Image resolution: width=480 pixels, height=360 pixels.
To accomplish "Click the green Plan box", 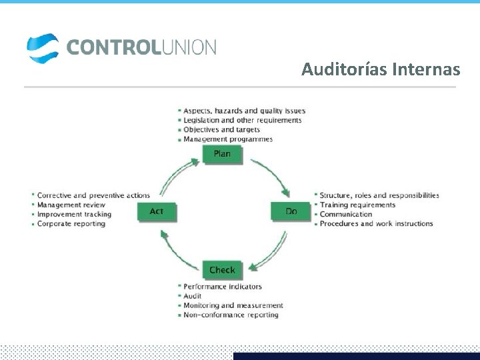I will click(x=222, y=154).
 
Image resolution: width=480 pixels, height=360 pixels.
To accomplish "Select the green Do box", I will click(x=291, y=211).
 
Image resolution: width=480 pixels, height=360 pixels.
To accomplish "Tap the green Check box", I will click(x=222, y=270).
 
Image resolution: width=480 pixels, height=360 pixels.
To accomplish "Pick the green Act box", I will click(x=156, y=211).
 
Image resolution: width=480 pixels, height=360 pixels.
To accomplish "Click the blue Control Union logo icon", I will click(x=43, y=48).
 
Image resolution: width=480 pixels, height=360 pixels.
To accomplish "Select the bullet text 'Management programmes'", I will click(x=227, y=139).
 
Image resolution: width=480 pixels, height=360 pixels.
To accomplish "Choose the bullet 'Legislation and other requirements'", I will click(x=242, y=120).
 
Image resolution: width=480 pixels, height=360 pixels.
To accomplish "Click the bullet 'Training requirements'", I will click(x=357, y=205).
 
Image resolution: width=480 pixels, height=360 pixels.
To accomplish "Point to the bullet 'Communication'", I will click(x=345, y=214).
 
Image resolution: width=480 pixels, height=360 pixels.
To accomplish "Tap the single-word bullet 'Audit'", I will click(x=192, y=296).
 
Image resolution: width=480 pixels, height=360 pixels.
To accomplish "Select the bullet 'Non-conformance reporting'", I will click(x=231, y=315).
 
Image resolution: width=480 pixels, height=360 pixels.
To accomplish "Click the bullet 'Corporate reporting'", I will click(x=71, y=224).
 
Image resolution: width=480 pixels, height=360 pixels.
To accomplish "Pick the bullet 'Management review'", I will click(x=71, y=205).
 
